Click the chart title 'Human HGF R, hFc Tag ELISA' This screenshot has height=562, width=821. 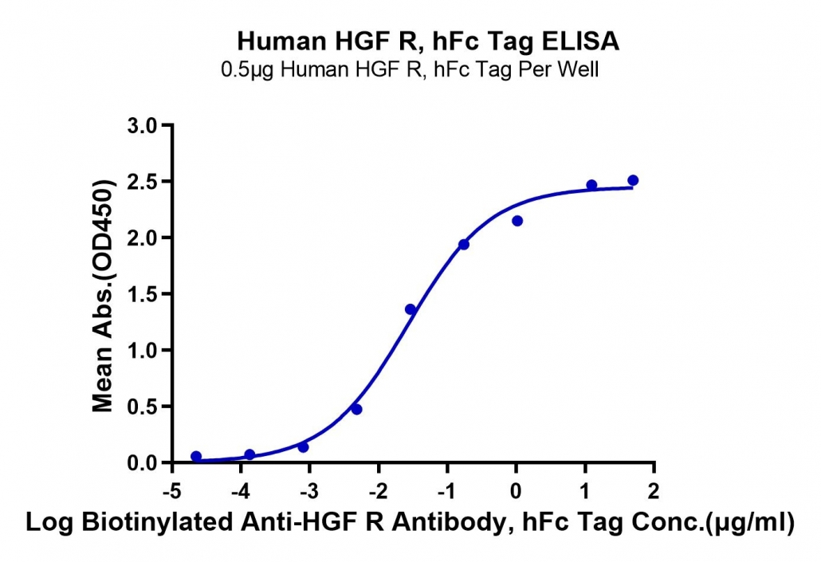[428, 41]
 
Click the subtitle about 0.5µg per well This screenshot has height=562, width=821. [410, 69]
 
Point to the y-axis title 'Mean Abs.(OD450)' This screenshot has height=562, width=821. [103, 296]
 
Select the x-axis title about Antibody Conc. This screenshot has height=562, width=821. [410, 523]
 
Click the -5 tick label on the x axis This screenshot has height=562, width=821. [171, 491]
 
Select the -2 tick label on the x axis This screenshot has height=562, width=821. [378, 491]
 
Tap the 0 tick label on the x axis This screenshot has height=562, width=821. [516, 491]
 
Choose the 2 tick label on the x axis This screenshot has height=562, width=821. [654, 491]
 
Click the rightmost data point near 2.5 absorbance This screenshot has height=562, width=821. [633, 180]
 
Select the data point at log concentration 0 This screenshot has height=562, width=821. [517, 221]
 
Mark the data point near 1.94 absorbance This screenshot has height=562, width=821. [464, 245]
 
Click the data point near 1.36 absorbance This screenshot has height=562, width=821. [410, 309]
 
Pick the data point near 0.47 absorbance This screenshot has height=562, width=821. [356, 409]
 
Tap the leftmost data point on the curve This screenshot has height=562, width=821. [196, 456]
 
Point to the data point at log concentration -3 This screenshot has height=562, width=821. [303, 447]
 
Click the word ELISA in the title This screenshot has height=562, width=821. [580, 41]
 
